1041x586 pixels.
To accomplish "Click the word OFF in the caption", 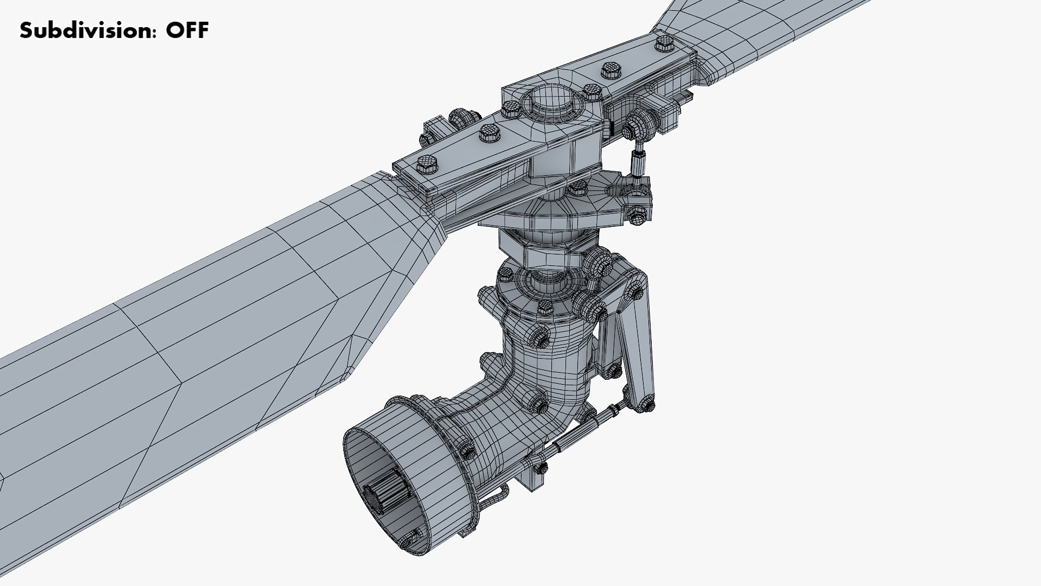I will (x=187, y=30).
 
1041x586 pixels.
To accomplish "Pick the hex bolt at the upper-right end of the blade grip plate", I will (x=664, y=43).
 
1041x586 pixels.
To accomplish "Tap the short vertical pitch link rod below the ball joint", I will (x=638, y=162).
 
